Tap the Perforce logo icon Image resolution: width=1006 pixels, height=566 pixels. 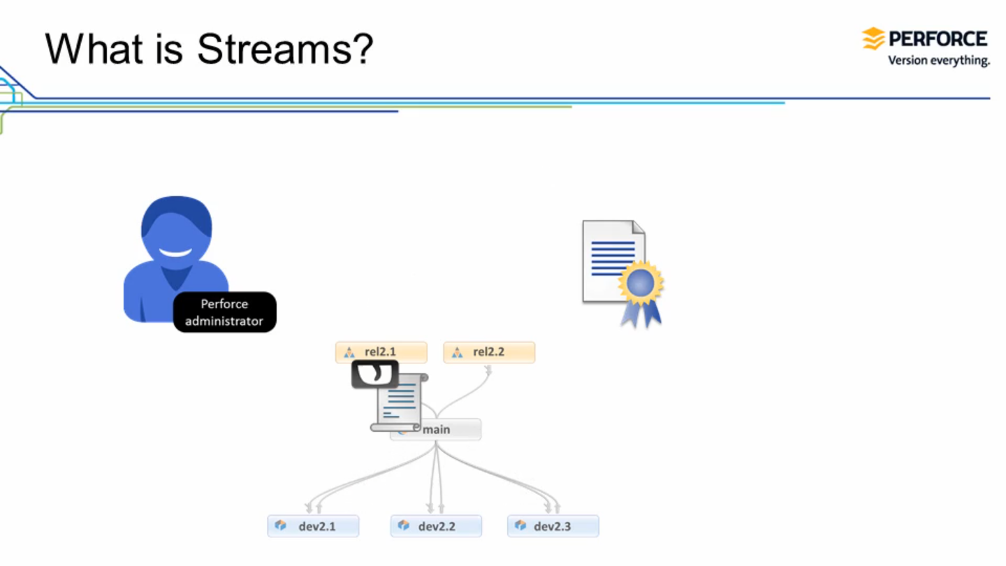[x=873, y=38]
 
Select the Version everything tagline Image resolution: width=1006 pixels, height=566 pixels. [x=938, y=61]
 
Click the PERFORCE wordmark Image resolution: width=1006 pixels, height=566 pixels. [x=938, y=38]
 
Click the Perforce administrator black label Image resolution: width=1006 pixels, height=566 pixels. [x=224, y=312]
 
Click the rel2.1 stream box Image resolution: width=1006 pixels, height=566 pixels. [x=381, y=352]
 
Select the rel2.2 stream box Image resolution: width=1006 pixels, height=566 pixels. [x=489, y=352]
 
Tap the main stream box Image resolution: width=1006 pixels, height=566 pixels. [x=447, y=430]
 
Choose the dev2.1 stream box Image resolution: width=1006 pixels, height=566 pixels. [x=313, y=526]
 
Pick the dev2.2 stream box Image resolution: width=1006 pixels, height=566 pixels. [x=436, y=526]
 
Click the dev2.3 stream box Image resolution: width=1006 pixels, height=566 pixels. [x=553, y=526]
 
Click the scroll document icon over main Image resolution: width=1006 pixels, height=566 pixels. [x=400, y=404]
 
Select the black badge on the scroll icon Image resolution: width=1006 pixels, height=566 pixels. [x=374, y=374]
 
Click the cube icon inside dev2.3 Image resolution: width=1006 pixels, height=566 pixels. [x=520, y=525]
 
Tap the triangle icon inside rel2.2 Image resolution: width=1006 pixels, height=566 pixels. [x=457, y=352]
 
